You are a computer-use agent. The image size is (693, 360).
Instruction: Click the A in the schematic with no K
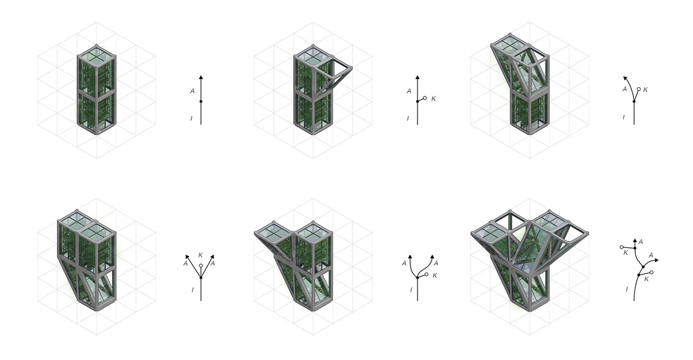[x=192, y=91]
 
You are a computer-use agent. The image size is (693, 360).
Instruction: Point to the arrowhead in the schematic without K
[x=201, y=77]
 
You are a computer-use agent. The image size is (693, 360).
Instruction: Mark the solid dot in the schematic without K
[x=201, y=101]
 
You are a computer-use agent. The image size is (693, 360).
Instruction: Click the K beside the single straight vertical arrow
[x=434, y=99]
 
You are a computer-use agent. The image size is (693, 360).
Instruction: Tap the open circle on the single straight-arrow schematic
[x=425, y=98]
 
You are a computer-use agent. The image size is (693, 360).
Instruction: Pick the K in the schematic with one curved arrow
[x=646, y=90]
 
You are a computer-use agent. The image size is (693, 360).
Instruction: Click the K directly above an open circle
[x=200, y=255]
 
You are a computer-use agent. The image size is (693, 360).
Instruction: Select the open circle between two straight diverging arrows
[x=201, y=265]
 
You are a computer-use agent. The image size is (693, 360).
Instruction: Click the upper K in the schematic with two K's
[x=625, y=252]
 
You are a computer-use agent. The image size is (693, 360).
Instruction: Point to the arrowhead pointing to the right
[x=656, y=261]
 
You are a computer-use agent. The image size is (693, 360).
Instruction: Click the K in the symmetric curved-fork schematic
[x=435, y=276]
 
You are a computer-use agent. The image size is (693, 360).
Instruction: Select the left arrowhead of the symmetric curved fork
[x=410, y=255]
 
